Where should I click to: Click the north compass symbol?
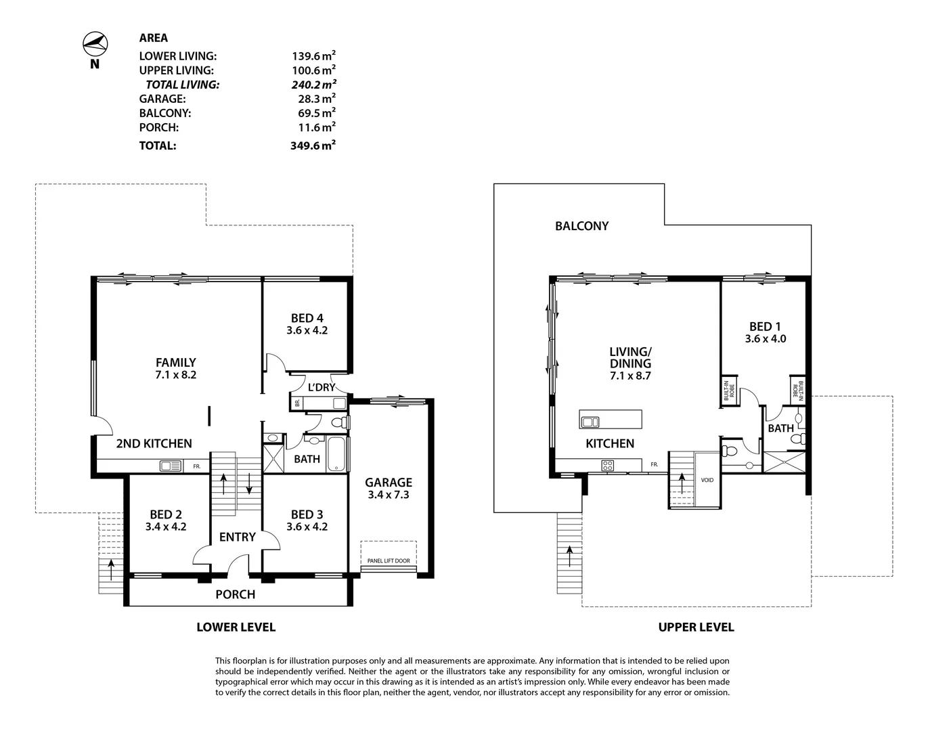tap(95, 45)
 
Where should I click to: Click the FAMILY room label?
tap(175, 363)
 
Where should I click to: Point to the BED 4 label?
tap(307, 318)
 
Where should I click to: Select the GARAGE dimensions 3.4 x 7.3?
tap(389, 495)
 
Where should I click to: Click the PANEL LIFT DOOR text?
tap(389, 560)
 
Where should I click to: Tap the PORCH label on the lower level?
tap(235, 594)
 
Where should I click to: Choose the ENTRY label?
tap(237, 537)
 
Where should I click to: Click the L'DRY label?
tap(321, 387)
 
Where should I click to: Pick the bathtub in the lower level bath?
tap(337, 453)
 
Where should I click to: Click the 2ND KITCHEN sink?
tap(171, 466)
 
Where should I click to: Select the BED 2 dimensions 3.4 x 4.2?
tap(166, 527)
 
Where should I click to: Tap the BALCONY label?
tap(581, 226)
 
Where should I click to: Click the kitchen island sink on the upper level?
tap(590, 422)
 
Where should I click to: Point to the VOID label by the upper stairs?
tap(707, 480)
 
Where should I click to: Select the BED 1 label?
tap(765, 327)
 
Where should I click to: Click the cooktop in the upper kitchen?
tap(607, 466)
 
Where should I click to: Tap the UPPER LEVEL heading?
tap(696, 627)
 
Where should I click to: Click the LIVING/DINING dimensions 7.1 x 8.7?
tap(630, 376)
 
